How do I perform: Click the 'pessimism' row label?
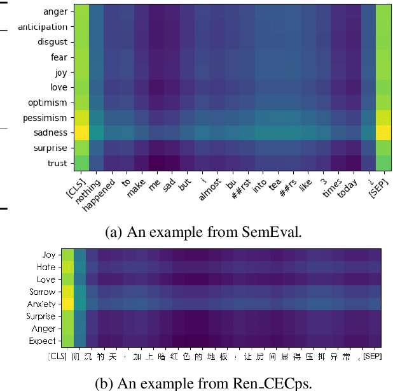[x=46, y=118]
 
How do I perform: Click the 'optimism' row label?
[x=47, y=103]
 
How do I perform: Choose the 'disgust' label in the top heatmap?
[x=50, y=42]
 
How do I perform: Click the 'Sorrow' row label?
[x=43, y=292]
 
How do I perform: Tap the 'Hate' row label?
[x=46, y=267]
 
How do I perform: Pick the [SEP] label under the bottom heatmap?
[x=372, y=355]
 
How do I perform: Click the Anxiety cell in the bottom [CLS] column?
[x=67, y=304]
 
